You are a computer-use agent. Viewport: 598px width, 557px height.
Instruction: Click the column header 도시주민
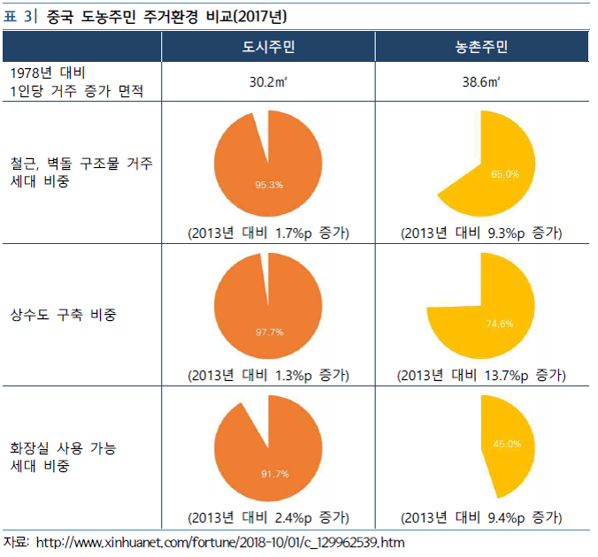pos(268,47)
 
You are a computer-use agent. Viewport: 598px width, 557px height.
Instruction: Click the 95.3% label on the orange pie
pos(269,185)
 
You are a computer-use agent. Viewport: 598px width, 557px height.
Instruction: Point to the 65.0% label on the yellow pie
pos(505,174)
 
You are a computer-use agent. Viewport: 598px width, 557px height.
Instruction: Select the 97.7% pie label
pos(269,332)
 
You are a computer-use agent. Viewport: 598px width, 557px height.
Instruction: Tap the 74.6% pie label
pos(499,324)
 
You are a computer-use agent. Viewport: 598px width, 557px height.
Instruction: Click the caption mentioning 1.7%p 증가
pos(269,233)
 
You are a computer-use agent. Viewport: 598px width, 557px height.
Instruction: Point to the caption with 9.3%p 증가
pos(481,233)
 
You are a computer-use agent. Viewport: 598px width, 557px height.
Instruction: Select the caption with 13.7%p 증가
pos(481,375)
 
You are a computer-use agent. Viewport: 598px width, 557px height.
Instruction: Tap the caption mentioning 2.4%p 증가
pos(269,516)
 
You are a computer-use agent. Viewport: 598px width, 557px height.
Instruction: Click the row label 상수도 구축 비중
pos(64,316)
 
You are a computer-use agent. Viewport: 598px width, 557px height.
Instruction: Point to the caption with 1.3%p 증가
pos(269,375)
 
